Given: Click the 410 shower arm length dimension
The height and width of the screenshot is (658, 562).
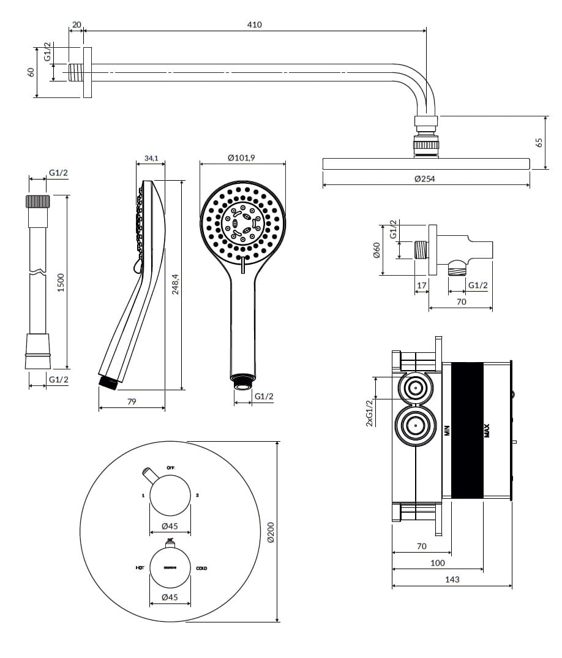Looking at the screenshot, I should coord(255,25).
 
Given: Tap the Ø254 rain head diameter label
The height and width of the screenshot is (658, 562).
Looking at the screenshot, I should coord(425,179).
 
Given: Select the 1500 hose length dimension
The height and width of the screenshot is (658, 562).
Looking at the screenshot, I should coord(61,282).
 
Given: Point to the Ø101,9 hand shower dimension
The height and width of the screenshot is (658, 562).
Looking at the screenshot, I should coord(241,158).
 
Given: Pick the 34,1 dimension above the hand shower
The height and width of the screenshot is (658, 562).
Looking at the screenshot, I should coord(151,158).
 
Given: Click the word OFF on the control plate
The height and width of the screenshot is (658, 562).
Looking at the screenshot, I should coord(171,468).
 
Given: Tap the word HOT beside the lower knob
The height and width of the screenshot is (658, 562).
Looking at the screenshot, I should coord(140,569).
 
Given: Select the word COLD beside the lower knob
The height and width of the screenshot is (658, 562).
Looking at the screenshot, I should coord(201,569).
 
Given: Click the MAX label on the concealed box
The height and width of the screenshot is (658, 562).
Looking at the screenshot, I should coord(487,431).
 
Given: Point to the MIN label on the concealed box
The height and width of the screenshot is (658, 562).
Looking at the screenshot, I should coord(447,431).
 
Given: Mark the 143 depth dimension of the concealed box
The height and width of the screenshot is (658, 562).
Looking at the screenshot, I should coord(452,579).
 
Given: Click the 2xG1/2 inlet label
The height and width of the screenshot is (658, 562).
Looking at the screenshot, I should coord(369,413).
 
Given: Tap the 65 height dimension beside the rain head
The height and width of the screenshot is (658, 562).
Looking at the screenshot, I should coord(539,143).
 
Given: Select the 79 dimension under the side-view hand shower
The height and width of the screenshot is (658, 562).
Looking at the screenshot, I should coord(131,402).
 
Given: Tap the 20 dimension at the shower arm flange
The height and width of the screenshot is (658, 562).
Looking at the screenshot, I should coord(77,25).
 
